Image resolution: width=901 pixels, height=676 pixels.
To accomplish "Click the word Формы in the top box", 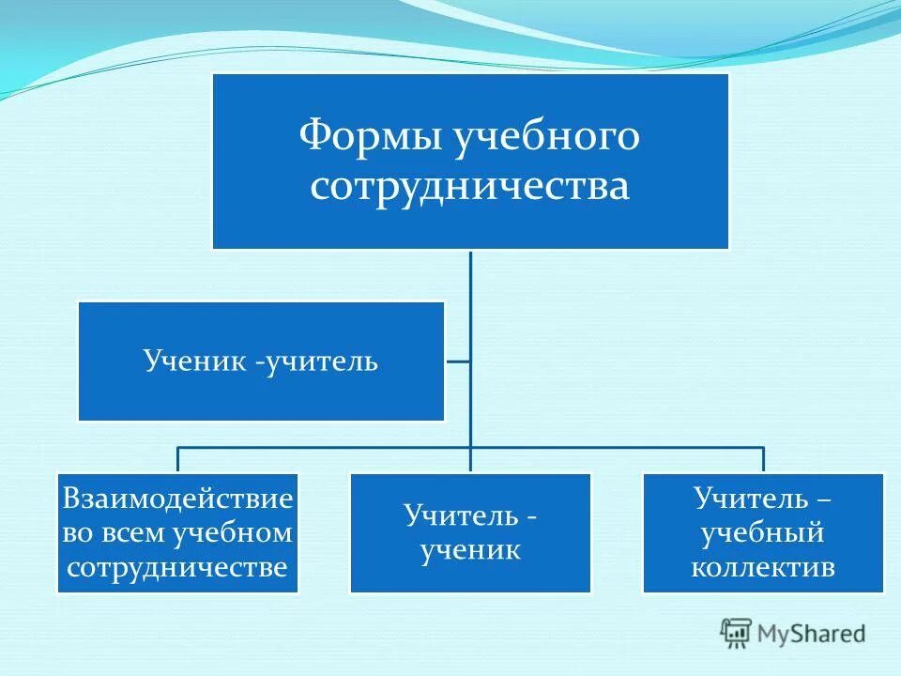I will pos(370,137).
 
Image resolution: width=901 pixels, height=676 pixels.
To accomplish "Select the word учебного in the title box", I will pos(547,137).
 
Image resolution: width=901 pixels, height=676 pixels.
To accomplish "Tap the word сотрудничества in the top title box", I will pos(470,185).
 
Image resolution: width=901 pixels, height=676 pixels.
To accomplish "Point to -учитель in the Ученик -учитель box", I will pos(315,361).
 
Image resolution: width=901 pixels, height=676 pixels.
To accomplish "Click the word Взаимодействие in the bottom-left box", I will pos(177,498).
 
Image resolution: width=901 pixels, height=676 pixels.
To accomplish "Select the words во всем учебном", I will pos(177,533).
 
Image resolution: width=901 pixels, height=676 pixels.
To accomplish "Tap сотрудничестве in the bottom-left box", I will pos(177,568).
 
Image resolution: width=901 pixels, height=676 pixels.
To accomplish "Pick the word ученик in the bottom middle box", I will pos(470,550).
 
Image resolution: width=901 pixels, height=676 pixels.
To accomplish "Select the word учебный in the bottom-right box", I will pos(763,533).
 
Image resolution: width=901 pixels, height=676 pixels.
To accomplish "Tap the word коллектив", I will pos(763,568).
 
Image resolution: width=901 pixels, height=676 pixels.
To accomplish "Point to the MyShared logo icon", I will pos(737,633).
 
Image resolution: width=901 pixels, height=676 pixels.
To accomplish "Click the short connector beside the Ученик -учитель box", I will pos(457,361).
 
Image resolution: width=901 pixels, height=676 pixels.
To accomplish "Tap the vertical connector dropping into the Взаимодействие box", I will pos(177,460).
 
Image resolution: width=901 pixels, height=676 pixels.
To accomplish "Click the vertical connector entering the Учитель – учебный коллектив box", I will pos(763,460).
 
